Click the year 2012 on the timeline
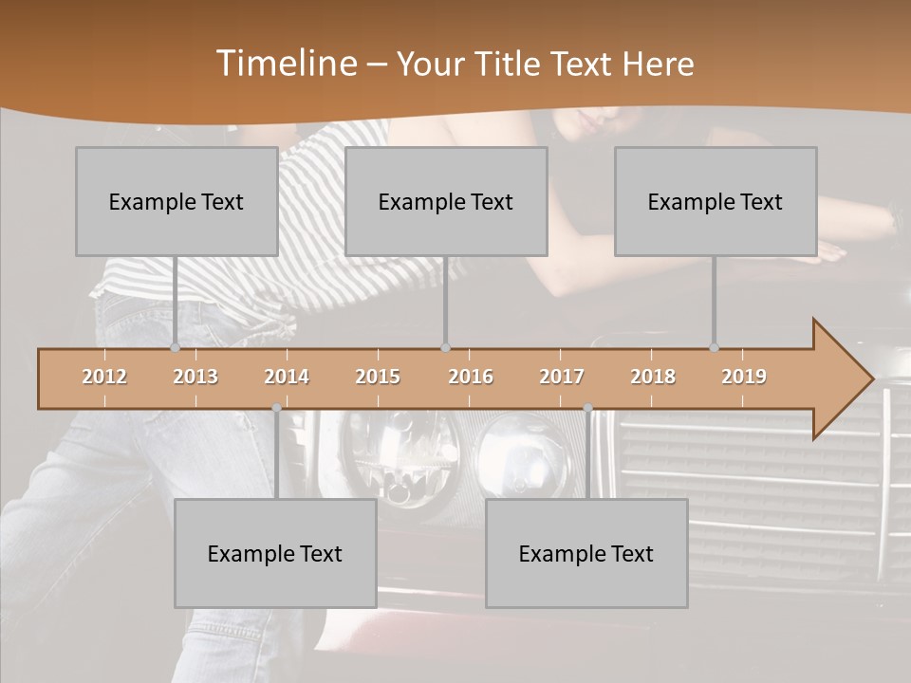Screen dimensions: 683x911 pyautogui.click(x=104, y=377)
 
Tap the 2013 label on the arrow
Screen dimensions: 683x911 pyautogui.click(x=195, y=377)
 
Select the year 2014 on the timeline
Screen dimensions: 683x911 pyautogui.click(x=287, y=377)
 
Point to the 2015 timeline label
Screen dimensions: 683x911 pyautogui.click(x=378, y=377)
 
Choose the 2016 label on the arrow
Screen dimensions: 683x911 pyautogui.click(x=471, y=377)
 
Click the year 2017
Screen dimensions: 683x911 pyautogui.click(x=562, y=377)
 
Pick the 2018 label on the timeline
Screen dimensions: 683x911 pyautogui.click(x=653, y=377)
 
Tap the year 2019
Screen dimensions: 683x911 pyautogui.click(x=744, y=377)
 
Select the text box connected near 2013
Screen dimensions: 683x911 pyautogui.click(x=177, y=201)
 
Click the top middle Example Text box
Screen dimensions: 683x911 pyautogui.click(x=446, y=201)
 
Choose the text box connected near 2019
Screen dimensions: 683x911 pyautogui.click(x=716, y=201)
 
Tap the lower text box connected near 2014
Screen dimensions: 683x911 pyautogui.click(x=275, y=553)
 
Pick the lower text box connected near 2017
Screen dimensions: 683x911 pyautogui.click(x=586, y=553)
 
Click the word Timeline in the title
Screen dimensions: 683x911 pyautogui.click(x=286, y=63)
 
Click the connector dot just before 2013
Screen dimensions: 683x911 pyautogui.click(x=175, y=347)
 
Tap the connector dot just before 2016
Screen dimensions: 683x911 pyautogui.click(x=445, y=347)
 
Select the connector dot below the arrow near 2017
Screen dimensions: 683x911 pyautogui.click(x=587, y=408)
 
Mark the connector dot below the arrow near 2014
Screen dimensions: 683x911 pyautogui.click(x=276, y=408)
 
